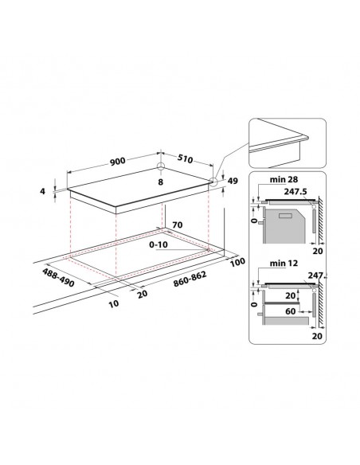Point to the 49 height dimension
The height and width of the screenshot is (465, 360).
(233, 182)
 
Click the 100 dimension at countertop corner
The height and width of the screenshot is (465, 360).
(237, 262)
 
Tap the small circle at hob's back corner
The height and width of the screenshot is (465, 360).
(160, 167)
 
